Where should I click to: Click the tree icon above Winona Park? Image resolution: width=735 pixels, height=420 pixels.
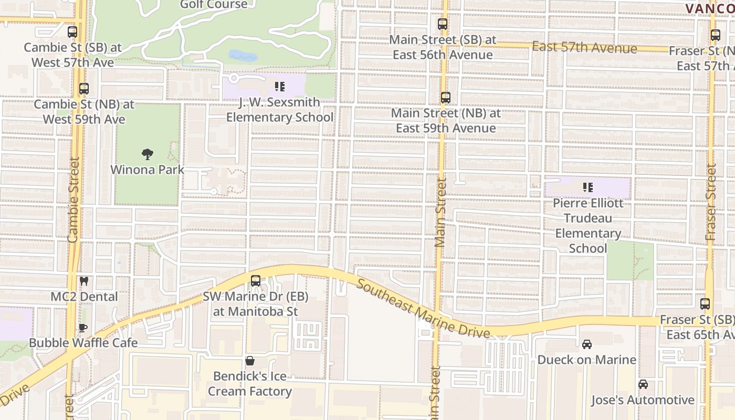148,154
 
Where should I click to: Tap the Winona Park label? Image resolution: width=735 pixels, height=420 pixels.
148,170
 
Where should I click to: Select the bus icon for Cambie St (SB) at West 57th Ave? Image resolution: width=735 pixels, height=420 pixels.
72,32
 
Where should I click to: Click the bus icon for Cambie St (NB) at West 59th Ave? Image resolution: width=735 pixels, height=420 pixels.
84,89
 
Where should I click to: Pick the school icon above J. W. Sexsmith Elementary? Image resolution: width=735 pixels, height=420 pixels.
280,86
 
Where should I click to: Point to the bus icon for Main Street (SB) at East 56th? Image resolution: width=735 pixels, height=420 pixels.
443,24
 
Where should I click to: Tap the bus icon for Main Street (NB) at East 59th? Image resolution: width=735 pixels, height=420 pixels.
446,98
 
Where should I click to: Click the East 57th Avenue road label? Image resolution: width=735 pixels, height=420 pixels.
584,48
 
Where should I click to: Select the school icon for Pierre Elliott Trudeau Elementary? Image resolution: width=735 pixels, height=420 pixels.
588,187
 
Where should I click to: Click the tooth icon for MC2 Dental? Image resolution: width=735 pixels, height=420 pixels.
83,281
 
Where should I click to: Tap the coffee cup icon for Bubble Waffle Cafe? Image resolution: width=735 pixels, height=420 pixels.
83,328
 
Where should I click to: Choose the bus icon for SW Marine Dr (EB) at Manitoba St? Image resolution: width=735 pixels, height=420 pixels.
256,281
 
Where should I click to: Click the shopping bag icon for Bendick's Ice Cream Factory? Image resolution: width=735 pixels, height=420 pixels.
250,361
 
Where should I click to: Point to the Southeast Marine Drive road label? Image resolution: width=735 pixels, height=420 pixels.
423,308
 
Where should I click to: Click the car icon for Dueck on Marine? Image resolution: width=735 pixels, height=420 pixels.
587,344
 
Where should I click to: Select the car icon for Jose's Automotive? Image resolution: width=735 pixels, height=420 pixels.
643,385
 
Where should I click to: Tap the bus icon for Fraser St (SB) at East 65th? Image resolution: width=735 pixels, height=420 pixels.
705,304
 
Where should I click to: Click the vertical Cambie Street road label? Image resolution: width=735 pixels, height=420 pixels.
73,199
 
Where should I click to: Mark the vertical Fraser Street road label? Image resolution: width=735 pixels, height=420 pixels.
711,202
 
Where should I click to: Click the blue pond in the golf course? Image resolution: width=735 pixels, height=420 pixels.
243,56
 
